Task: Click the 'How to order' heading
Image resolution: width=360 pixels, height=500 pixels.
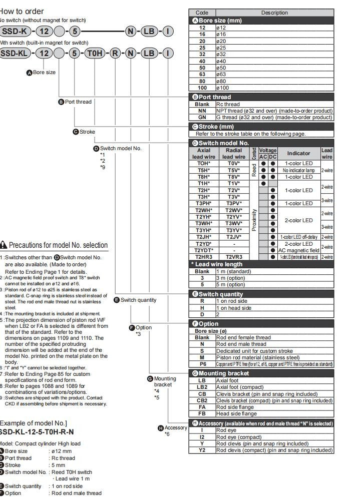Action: click(x=22, y=12)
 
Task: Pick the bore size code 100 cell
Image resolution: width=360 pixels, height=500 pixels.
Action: click(x=202, y=88)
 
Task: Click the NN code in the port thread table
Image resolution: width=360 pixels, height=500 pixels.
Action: click(x=202, y=111)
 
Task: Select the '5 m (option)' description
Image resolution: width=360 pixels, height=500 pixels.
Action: click(x=235, y=284)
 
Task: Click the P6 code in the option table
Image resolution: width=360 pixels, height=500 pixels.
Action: click(x=202, y=364)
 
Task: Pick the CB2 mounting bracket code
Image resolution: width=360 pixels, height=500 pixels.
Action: click(x=202, y=400)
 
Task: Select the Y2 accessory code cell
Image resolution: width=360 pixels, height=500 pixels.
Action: click(x=202, y=450)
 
